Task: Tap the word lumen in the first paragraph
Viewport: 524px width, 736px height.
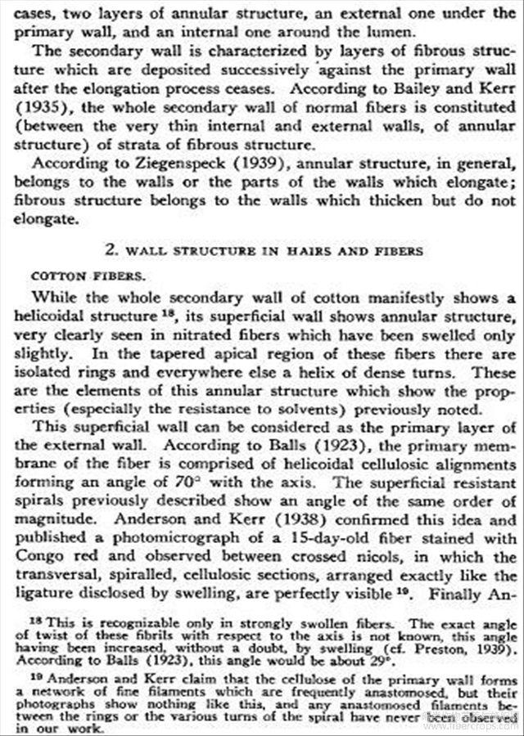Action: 344,32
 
